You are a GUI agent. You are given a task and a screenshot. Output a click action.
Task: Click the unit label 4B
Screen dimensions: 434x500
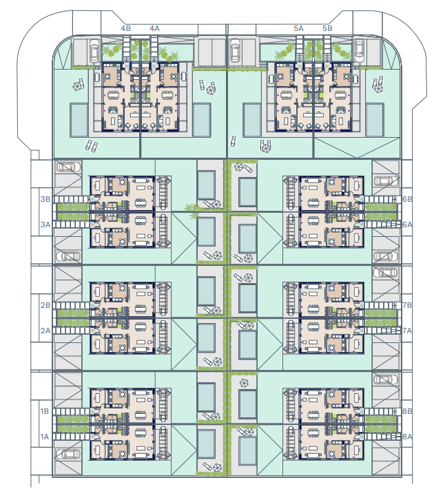(x=125, y=28)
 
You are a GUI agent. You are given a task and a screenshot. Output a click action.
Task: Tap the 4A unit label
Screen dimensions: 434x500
(x=155, y=28)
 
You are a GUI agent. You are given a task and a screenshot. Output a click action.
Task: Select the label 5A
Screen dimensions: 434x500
(x=299, y=28)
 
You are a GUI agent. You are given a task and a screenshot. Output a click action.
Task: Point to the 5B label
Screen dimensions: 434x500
(x=327, y=28)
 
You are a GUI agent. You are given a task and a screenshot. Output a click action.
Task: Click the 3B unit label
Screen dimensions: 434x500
(x=45, y=199)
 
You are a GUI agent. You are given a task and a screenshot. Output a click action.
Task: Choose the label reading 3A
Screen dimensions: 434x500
(x=45, y=225)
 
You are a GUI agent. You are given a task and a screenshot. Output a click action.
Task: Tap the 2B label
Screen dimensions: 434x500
(x=45, y=305)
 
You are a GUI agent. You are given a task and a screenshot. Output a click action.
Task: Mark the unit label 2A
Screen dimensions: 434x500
(x=45, y=331)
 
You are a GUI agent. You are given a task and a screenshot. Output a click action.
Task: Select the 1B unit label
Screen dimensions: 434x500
(x=45, y=411)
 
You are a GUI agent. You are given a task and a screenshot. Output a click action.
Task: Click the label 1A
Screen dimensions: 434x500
(x=45, y=437)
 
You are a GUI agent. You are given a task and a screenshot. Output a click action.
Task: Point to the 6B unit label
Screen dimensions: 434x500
(x=407, y=199)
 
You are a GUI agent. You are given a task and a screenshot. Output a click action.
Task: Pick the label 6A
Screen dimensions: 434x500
(x=407, y=225)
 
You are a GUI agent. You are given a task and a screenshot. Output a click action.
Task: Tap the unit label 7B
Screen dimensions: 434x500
(x=407, y=305)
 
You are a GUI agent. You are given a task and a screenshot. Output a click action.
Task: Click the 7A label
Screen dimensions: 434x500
(x=407, y=331)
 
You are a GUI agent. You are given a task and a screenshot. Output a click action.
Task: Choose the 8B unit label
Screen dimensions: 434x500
(x=407, y=411)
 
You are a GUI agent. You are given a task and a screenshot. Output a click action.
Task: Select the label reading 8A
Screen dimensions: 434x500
(x=407, y=437)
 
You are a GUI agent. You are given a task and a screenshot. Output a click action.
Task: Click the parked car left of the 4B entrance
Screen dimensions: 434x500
(x=94, y=51)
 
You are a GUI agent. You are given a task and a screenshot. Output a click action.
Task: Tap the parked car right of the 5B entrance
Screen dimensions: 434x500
(x=359, y=51)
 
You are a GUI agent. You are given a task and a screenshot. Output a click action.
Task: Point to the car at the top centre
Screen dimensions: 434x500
(x=235, y=51)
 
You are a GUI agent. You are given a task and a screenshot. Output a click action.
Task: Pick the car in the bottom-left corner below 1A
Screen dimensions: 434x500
(x=69, y=454)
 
